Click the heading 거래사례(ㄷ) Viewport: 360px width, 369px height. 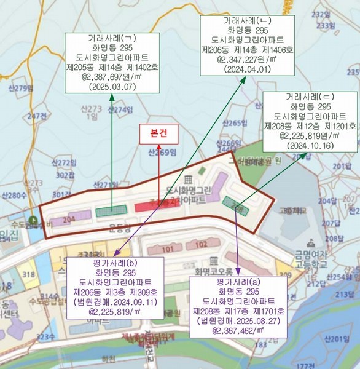click(x=310, y=95)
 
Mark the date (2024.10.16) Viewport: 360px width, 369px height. click(x=310, y=146)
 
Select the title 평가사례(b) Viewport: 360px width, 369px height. click(x=115, y=263)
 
